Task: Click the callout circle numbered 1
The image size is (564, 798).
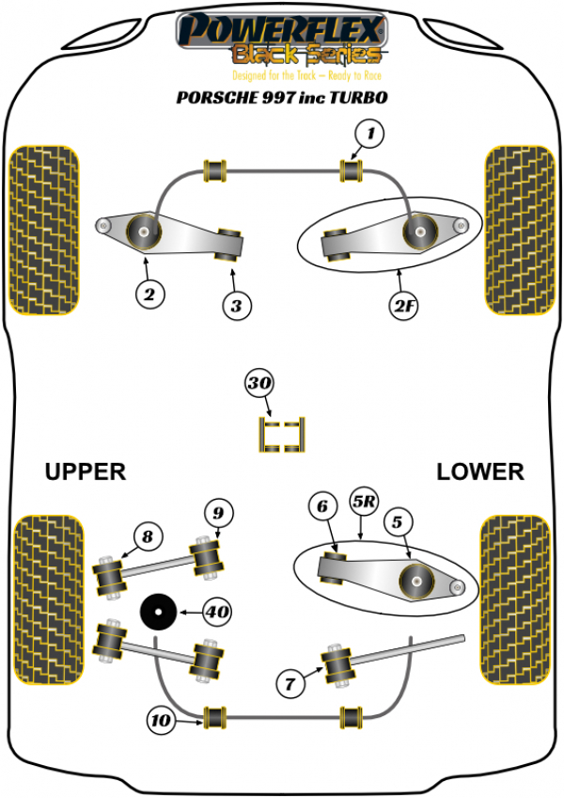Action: click(x=370, y=136)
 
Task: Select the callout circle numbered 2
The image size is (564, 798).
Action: click(x=148, y=294)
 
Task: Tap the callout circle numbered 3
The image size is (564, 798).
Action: click(x=236, y=304)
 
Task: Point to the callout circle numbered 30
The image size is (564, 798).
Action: click(x=258, y=383)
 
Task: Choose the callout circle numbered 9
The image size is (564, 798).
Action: click(x=217, y=513)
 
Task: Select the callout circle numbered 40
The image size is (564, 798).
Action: click(x=216, y=613)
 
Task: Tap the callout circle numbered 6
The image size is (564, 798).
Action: click(x=322, y=507)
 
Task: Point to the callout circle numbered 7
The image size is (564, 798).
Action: click(x=291, y=678)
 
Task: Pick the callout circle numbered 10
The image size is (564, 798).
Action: click(x=162, y=722)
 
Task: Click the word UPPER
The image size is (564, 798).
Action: click(x=86, y=471)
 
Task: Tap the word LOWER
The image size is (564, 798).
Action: click(x=479, y=471)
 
